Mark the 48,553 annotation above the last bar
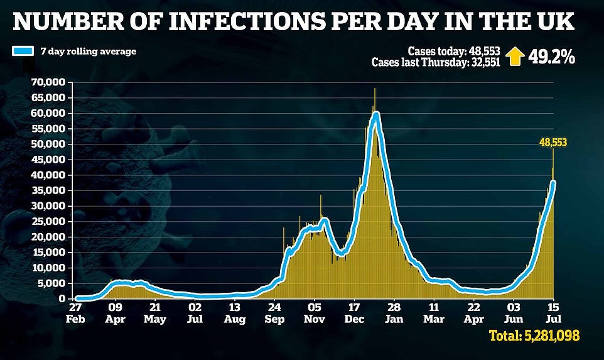coord(553,143)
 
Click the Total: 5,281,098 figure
coord(534,337)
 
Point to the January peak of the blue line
coord(376,115)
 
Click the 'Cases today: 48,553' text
coord(453,52)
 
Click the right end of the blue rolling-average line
coord(553,183)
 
